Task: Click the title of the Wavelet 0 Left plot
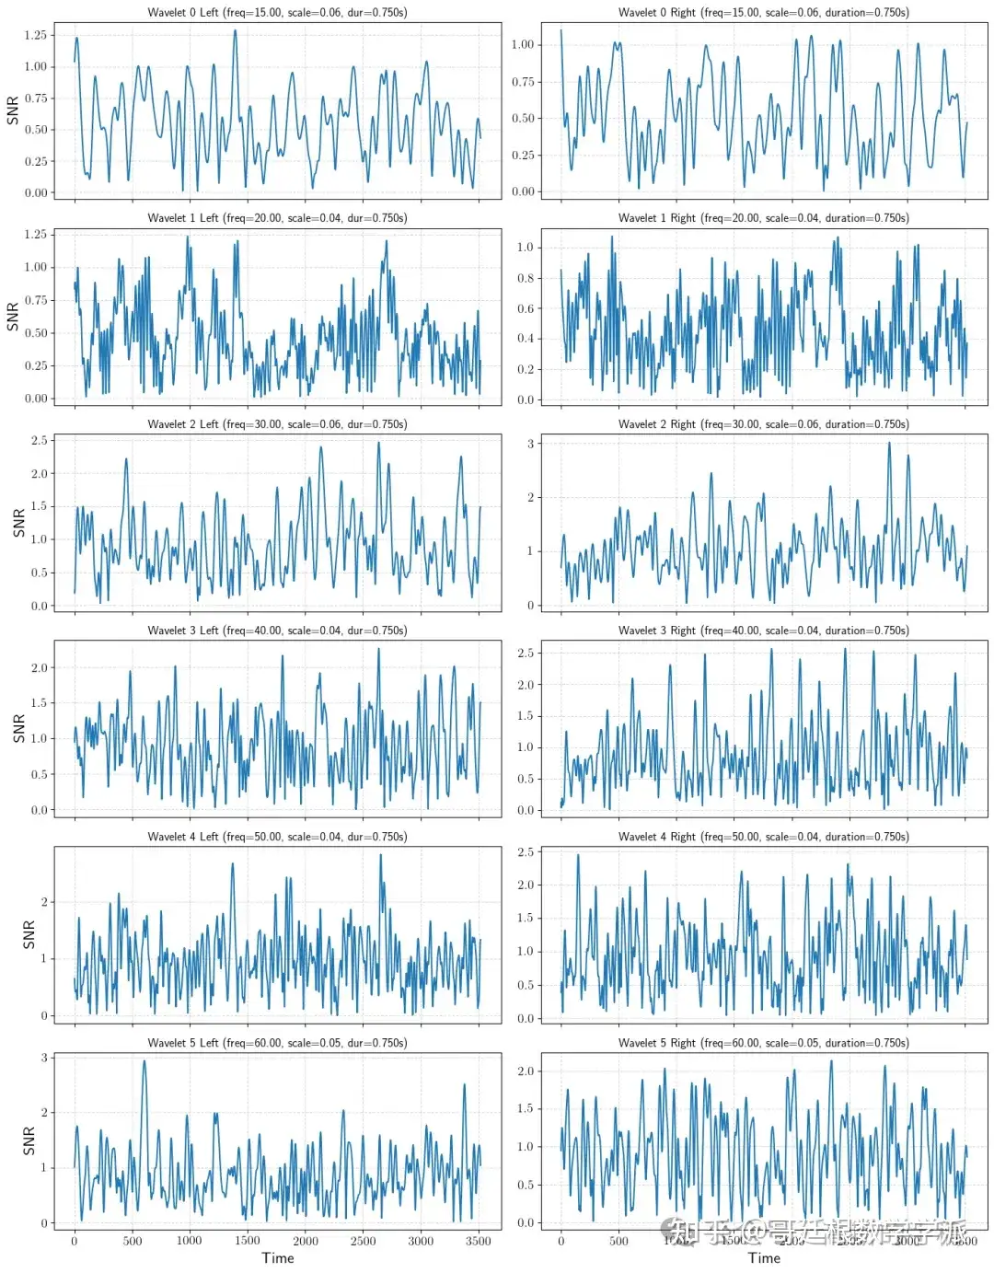coord(277,13)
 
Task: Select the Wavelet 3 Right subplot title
coord(763,631)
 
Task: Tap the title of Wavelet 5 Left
coord(277,1043)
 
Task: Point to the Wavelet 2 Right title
coord(763,424)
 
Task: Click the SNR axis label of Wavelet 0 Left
coord(13,110)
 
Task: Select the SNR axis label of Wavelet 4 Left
coord(29,934)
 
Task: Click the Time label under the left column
coord(278,1258)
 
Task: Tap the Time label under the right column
coord(764,1258)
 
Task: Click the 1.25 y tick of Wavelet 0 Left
coord(35,35)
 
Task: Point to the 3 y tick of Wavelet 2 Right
coord(530,444)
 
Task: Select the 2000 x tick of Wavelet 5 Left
coord(306,1241)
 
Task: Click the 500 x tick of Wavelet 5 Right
coord(618,1241)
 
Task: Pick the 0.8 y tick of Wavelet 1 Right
coord(525,278)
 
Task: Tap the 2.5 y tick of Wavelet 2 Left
coord(39,441)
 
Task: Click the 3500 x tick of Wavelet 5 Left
coord(478,1241)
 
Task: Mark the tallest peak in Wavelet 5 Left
coord(144,1061)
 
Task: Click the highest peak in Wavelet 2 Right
coord(889,444)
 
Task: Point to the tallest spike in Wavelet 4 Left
coord(380,855)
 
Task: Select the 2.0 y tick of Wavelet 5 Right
coord(525,1071)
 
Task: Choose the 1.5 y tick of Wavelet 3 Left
coord(39,703)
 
